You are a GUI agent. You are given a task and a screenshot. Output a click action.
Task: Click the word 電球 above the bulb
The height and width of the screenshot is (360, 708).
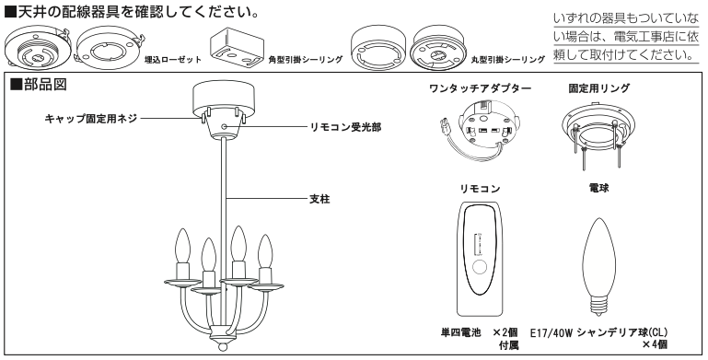pos(598,188)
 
